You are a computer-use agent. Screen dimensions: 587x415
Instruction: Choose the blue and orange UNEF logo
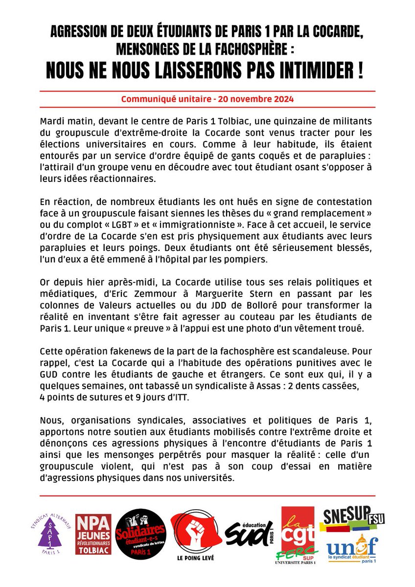click(x=352, y=547)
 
